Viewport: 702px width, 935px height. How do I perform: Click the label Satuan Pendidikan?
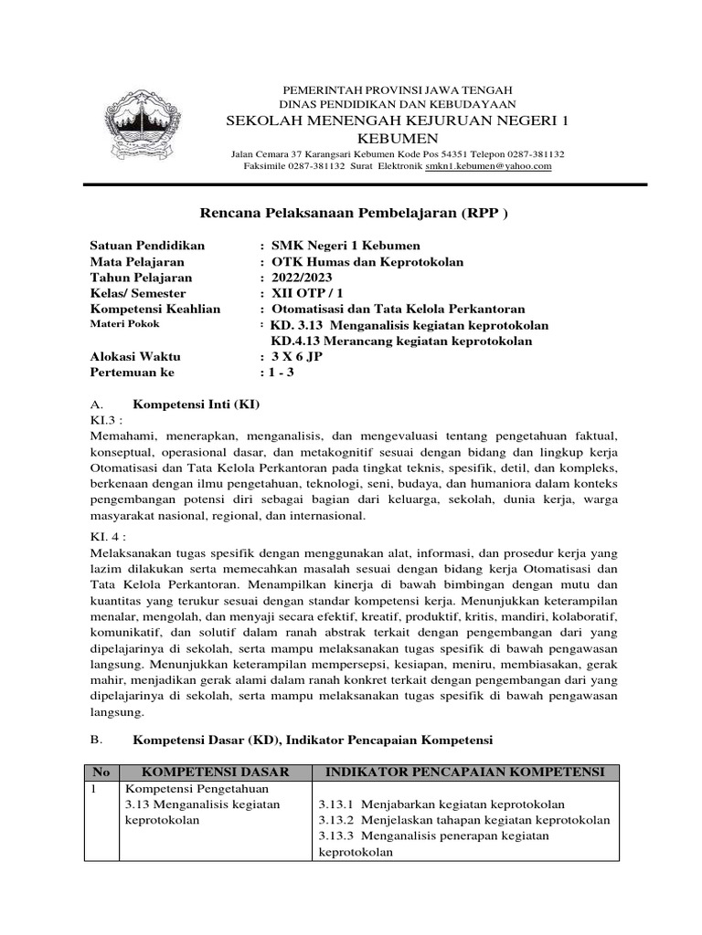point(148,246)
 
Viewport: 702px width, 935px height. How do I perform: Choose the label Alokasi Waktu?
point(135,357)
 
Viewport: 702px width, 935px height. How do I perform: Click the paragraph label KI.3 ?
point(105,419)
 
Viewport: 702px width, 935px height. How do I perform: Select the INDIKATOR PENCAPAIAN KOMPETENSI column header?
point(466,772)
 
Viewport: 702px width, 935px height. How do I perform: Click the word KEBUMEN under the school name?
point(352,138)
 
